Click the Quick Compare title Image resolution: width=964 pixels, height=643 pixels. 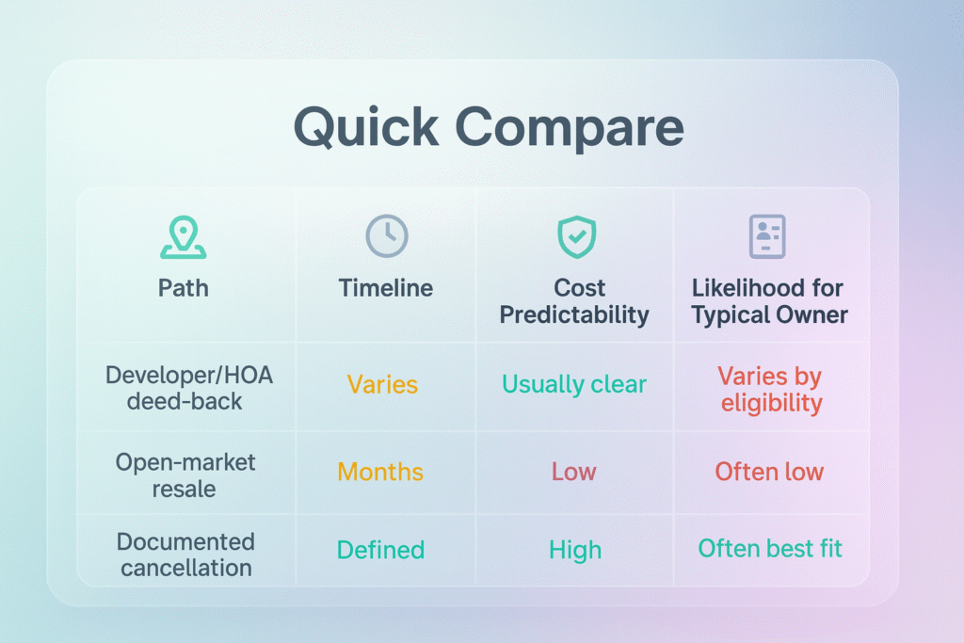(489, 127)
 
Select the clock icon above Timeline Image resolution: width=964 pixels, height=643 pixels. (387, 236)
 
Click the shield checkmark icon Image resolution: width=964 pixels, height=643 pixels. (577, 236)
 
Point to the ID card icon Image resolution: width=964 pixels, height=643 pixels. (767, 236)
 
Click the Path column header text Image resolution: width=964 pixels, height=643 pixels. (184, 288)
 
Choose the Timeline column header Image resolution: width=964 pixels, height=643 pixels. (385, 288)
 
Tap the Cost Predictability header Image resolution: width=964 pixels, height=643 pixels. (574, 301)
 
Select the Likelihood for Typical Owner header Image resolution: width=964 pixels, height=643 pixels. (769, 301)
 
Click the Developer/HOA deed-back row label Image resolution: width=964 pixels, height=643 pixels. (188, 388)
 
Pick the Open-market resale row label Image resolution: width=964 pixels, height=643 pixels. (185, 475)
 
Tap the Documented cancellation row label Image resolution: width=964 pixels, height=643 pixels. (185, 555)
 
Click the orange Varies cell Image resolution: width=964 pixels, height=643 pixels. (382, 385)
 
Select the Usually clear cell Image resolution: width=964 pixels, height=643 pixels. (574, 384)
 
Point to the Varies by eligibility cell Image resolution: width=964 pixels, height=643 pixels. (770, 389)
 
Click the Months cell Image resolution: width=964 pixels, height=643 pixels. (380, 472)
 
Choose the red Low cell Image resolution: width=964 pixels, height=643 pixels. (573, 472)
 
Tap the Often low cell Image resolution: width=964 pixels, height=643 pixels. (769, 472)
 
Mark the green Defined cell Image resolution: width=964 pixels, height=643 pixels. (380, 550)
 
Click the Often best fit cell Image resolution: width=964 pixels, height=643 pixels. (770, 548)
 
